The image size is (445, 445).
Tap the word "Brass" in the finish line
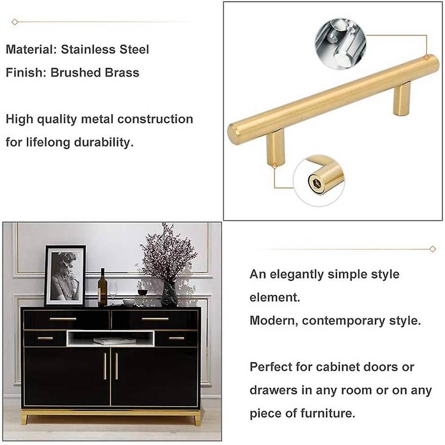point(122,73)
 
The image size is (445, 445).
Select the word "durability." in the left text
point(104,142)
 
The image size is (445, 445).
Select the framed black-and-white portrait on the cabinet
point(65,275)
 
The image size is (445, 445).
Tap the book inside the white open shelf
point(114,341)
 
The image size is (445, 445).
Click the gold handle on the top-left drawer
point(63,319)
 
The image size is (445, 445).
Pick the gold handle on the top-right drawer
point(155,319)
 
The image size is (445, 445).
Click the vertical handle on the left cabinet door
point(105,366)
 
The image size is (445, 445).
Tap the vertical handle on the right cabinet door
point(116,366)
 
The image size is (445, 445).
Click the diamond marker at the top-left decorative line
point(15,22)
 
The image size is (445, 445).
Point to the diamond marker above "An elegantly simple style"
point(433,249)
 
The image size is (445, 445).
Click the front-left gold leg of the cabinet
point(24,419)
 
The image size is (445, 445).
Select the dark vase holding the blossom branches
point(169,295)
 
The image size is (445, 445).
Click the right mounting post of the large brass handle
point(402,98)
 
